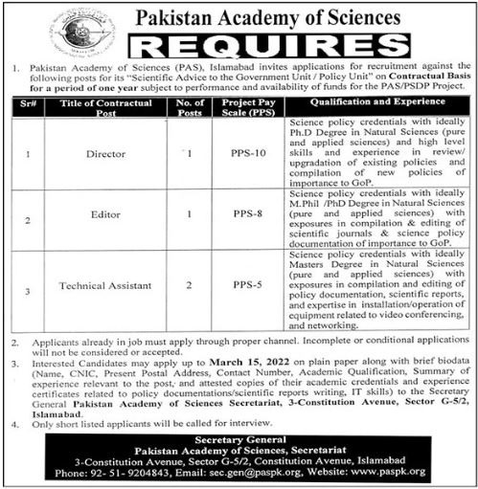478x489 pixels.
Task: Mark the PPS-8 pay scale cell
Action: (x=247, y=218)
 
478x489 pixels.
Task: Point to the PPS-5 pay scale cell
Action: (x=247, y=285)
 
